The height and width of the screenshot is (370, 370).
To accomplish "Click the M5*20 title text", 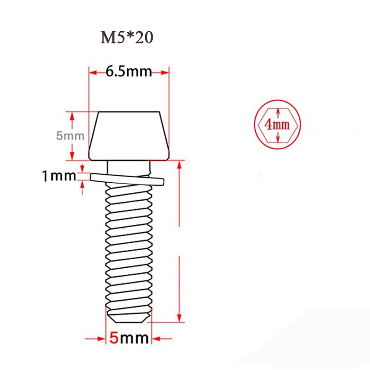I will tap(127, 38).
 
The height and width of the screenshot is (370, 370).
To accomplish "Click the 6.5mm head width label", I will tap(129, 72).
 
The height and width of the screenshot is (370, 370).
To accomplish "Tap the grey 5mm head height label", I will tap(70, 136).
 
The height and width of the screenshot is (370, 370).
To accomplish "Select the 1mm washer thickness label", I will tap(59, 176).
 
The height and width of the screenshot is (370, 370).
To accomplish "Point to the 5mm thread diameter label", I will tap(129, 338).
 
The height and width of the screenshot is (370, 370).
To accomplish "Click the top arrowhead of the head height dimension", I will tap(72, 115).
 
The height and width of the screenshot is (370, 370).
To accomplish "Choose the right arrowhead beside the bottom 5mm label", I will tap(154, 338).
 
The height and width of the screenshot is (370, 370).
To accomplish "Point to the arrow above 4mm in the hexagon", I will tap(277, 111).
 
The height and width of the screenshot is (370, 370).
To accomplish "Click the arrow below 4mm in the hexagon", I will tap(277, 138).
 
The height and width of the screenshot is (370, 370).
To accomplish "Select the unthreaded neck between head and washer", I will tap(128, 166).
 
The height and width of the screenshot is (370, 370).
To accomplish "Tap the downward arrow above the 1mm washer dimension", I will tap(82, 168).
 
